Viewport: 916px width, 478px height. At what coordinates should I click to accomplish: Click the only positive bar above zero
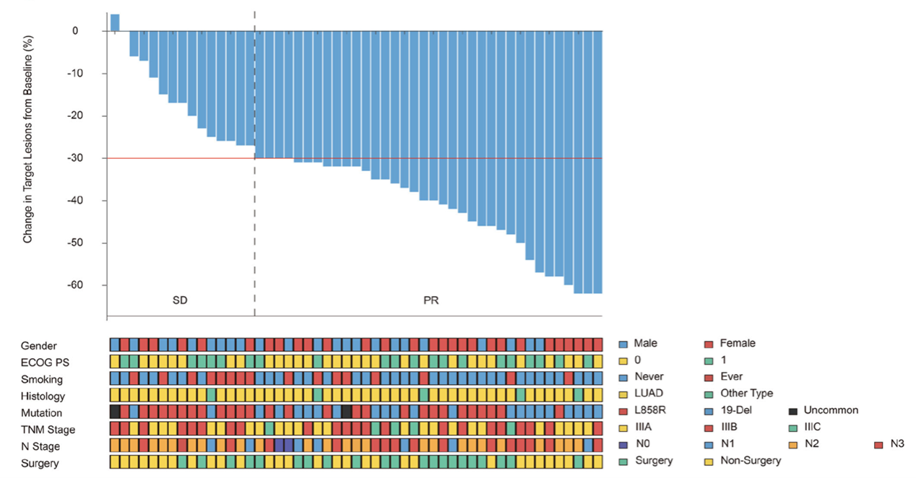coord(115,22)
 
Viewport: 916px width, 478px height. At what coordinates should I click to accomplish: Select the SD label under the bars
coord(180,300)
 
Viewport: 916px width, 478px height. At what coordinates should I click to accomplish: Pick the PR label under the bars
coord(431,300)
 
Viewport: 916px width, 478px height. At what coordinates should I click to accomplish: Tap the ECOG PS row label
coord(44,362)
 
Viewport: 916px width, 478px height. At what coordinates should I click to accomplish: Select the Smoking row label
coord(42,379)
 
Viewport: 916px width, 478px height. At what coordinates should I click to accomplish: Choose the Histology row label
coord(43,396)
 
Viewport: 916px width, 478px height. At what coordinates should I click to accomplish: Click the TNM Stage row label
coord(47,430)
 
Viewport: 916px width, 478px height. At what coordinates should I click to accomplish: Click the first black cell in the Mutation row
coord(115,411)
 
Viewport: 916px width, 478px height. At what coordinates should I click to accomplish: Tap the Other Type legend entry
coord(746,394)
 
